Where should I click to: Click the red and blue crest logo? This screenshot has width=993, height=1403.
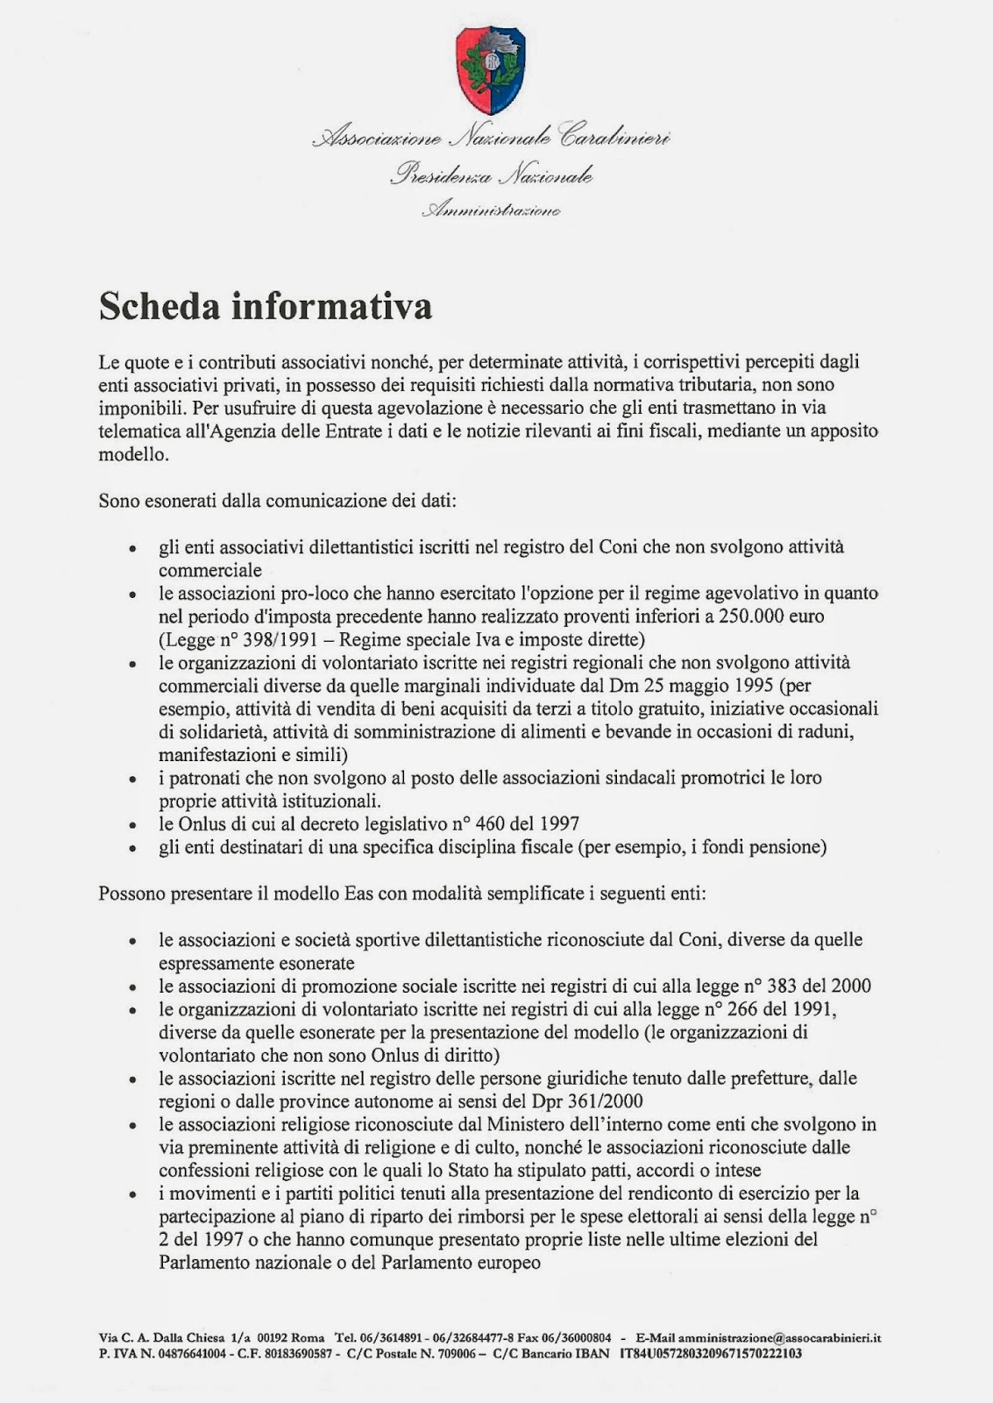tap(491, 69)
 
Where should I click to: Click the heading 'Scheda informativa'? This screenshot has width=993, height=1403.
tap(265, 306)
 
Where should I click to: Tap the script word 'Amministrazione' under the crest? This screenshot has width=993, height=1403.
tap(491, 210)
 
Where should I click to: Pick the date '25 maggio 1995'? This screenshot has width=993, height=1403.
tap(717, 686)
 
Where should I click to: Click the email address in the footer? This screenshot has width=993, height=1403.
tap(779, 1338)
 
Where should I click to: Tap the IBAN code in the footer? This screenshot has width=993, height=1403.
tap(710, 1353)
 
